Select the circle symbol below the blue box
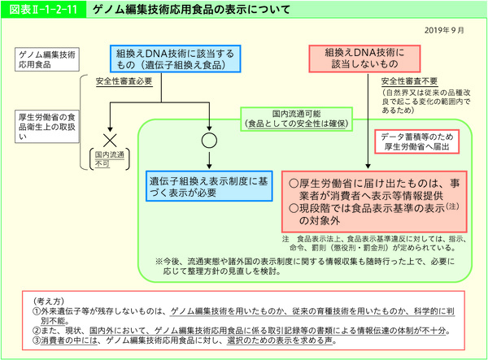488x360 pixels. point(209,139)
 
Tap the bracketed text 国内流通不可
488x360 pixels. point(107,158)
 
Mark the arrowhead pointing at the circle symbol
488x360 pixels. point(209,126)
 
